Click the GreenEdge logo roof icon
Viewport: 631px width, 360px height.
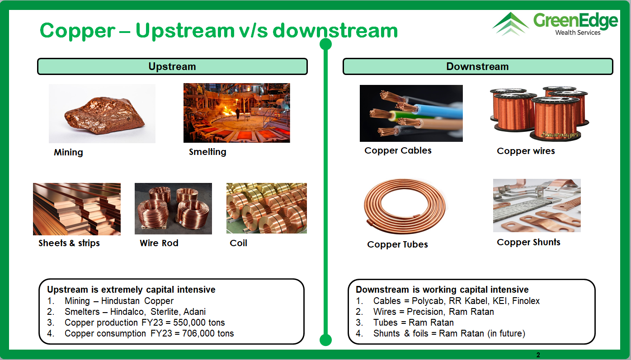point(510,23)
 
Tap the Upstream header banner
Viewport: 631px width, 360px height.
point(172,66)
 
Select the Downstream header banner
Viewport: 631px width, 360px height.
point(478,66)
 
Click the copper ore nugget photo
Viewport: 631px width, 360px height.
point(102,113)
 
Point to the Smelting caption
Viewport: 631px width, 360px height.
point(207,152)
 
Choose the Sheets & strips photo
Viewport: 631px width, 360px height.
point(77,209)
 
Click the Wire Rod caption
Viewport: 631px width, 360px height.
point(159,243)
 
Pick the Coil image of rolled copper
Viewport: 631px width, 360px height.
point(267,208)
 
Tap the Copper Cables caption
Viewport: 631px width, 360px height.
point(398,150)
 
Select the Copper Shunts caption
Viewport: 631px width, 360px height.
point(528,243)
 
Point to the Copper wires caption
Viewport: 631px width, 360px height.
point(526,151)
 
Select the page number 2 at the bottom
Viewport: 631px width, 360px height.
point(538,355)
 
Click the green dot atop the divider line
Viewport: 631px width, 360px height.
point(325,44)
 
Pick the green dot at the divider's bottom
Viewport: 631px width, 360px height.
point(325,340)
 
